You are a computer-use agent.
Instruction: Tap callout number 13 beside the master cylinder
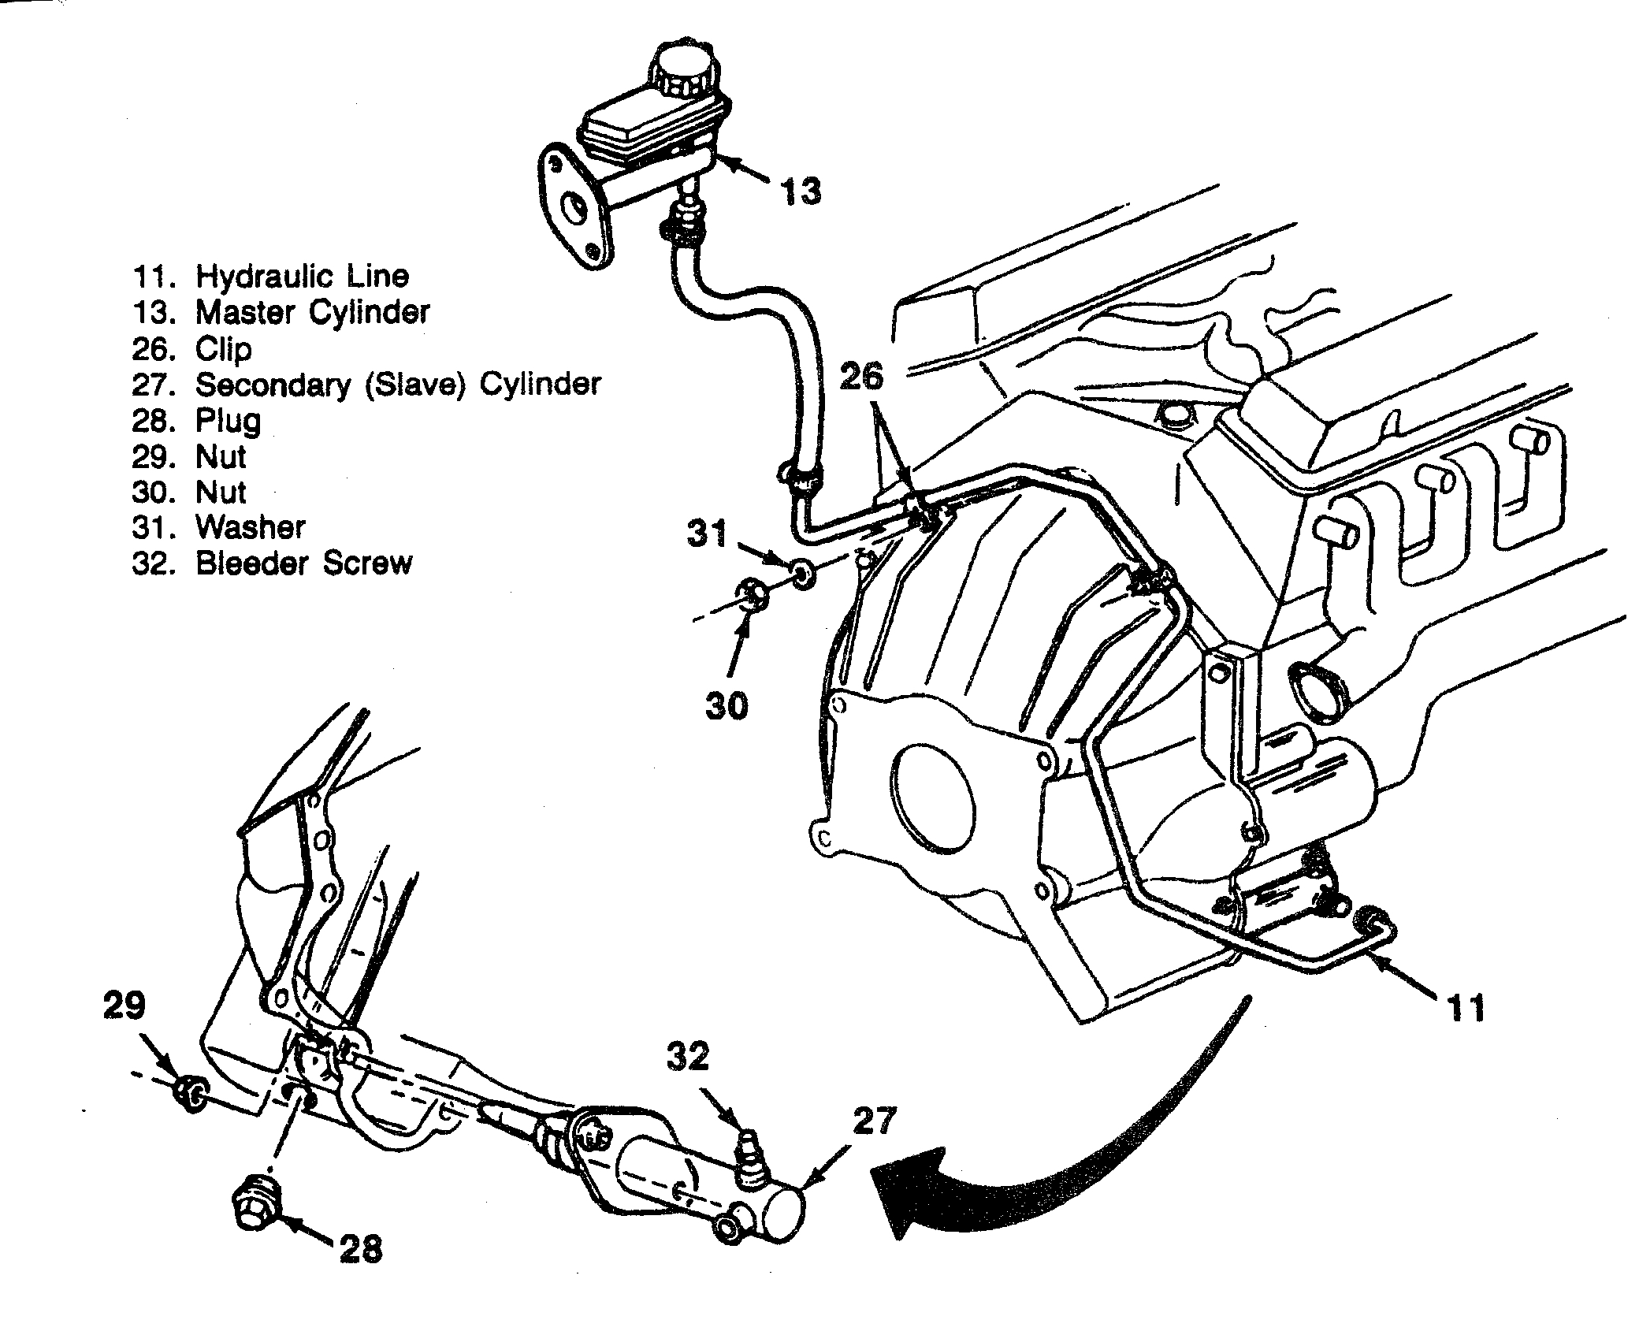pyautogui.click(x=801, y=191)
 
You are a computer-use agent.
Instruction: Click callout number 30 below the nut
pyautogui.click(x=726, y=706)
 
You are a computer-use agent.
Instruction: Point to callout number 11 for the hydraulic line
pyautogui.click(x=1466, y=1008)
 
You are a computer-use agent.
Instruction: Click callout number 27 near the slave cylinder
pyautogui.click(x=874, y=1122)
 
